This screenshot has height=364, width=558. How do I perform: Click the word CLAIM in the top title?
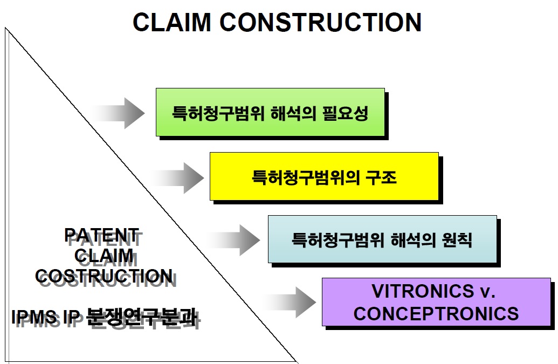[172, 22]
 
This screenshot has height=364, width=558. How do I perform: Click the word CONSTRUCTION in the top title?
[321, 22]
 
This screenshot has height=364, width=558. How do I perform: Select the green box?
[271, 112]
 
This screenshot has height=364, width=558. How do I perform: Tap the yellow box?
[324, 176]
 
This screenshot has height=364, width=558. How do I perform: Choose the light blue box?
[383, 239]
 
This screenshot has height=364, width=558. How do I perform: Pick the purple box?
[436, 302]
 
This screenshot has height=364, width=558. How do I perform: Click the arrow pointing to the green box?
[118, 113]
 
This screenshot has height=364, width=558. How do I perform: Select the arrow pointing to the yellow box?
[177, 178]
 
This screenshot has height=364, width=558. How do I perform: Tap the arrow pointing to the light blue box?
[233, 240]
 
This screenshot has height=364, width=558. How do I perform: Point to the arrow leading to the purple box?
[289, 302]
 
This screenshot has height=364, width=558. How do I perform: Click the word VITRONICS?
[423, 291]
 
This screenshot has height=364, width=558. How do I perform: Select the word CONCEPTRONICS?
[436, 313]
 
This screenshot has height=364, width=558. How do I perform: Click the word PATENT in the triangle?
[101, 235]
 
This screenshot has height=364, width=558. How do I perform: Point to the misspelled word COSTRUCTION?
[104, 276]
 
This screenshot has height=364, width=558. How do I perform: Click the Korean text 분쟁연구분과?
[141, 317]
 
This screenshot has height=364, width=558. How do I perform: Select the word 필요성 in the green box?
[345, 113]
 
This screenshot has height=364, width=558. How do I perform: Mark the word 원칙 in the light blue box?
[457, 240]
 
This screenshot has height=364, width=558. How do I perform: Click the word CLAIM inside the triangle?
[104, 256]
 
